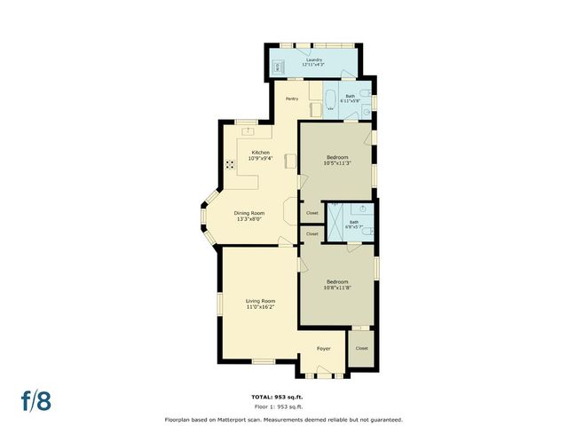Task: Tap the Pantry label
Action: (x=292, y=99)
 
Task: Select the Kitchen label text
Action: (x=261, y=155)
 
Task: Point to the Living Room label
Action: (x=260, y=304)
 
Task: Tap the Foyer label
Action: (x=323, y=348)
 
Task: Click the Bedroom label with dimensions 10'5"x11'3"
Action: (x=337, y=160)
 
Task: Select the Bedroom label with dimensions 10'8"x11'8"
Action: (x=337, y=284)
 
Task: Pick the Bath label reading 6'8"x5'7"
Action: (x=354, y=225)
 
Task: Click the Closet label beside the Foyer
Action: (x=361, y=348)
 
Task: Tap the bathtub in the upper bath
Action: (x=330, y=99)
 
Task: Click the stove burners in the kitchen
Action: (x=231, y=164)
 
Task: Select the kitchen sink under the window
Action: (x=249, y=132)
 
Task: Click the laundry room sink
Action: (x=277, y=67)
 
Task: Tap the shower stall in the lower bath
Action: (x=336, y=219)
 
